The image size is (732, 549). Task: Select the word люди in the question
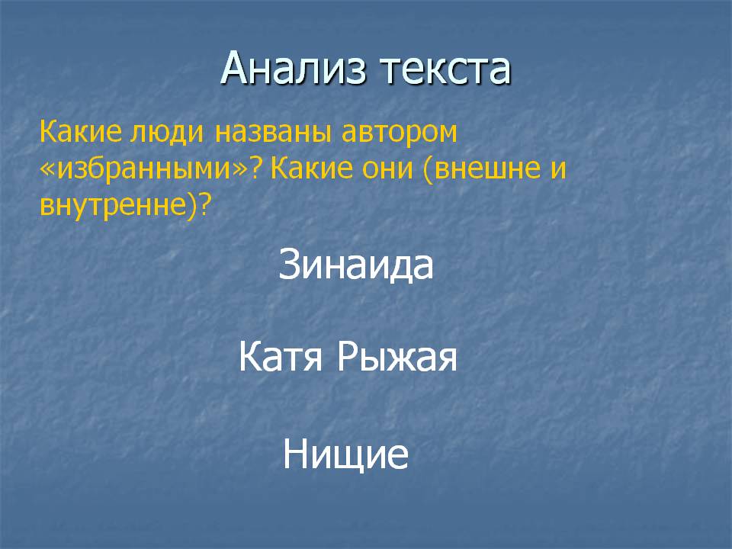coord(167,133)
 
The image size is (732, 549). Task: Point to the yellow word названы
coord(273,132)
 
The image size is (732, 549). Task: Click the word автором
coord(399,133)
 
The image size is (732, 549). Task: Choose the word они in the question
coord(381,169)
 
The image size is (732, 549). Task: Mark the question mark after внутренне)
coord(204,204)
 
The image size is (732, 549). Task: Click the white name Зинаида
coord(356,265)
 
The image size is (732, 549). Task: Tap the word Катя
coord(280,357)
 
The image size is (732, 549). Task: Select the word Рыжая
coord(396,358)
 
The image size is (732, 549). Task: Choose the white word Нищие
coord(345,454)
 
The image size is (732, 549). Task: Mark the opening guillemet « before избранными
coord(47,170)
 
